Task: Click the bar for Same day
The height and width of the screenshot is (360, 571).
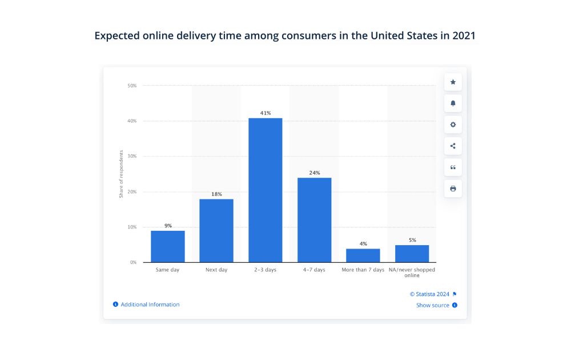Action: (168, 246)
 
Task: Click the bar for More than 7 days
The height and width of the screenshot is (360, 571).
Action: (363, 255)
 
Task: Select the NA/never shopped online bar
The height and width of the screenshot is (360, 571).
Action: (412, 254)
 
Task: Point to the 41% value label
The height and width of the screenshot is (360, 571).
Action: (266, 113)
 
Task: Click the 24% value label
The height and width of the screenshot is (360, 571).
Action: (314, 173)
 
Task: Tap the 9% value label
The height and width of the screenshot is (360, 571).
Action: (168, 226)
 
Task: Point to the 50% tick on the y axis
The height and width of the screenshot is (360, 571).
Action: (132, 86)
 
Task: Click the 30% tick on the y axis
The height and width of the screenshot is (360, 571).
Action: (132, 156)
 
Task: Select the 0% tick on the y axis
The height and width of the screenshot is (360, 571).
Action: (133, 262)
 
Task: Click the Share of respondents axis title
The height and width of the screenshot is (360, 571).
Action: (121, 174)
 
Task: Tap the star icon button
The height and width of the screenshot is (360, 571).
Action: (453, 82)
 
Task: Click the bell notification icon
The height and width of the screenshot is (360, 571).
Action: (453, 103)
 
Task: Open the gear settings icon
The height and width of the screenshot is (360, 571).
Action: (453, 125)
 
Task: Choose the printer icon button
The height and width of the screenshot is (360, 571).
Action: (453, 189)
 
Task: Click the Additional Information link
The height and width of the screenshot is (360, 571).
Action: (150, 305)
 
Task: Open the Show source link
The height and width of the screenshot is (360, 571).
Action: (433, 305)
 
